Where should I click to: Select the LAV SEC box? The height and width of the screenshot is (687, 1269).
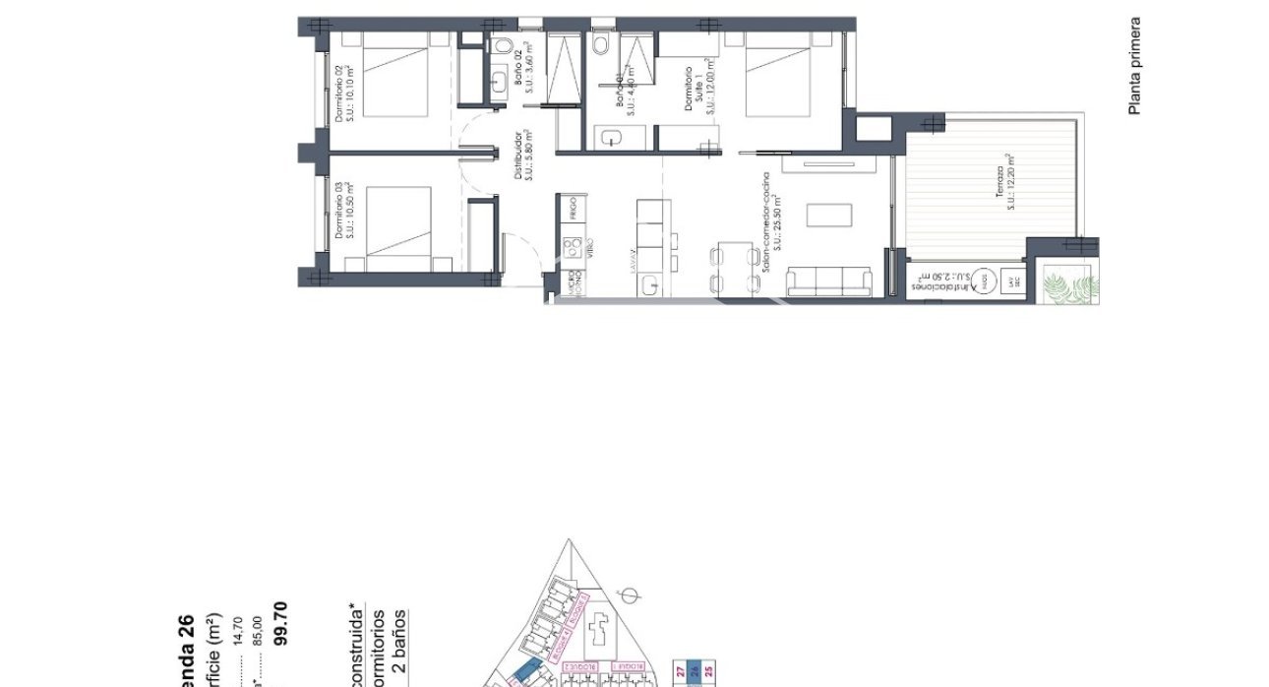(1012, 282)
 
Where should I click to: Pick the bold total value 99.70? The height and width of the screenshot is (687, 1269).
(279, 623)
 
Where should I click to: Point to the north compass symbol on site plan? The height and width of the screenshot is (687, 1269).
(634, 594)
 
